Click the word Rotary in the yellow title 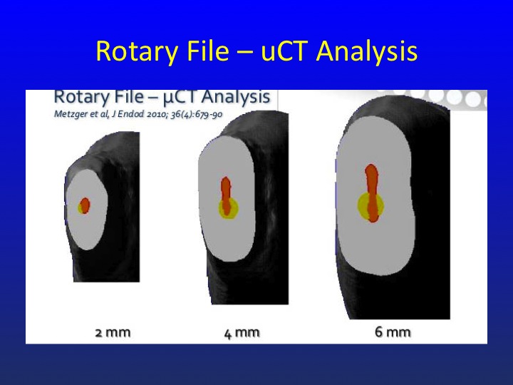point(137,51)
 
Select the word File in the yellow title point(208,51)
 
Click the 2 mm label point(113,333)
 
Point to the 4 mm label point(242,333)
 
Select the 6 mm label point(393,332)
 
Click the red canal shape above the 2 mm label point(85,205)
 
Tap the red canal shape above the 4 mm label point(226,196)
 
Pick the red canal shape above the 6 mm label point(372,192)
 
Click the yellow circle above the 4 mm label point(229,208)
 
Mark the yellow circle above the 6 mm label point(370,205)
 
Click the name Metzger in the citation point(67,114)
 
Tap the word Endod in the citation point(133,114)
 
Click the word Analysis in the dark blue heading point(237,97)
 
